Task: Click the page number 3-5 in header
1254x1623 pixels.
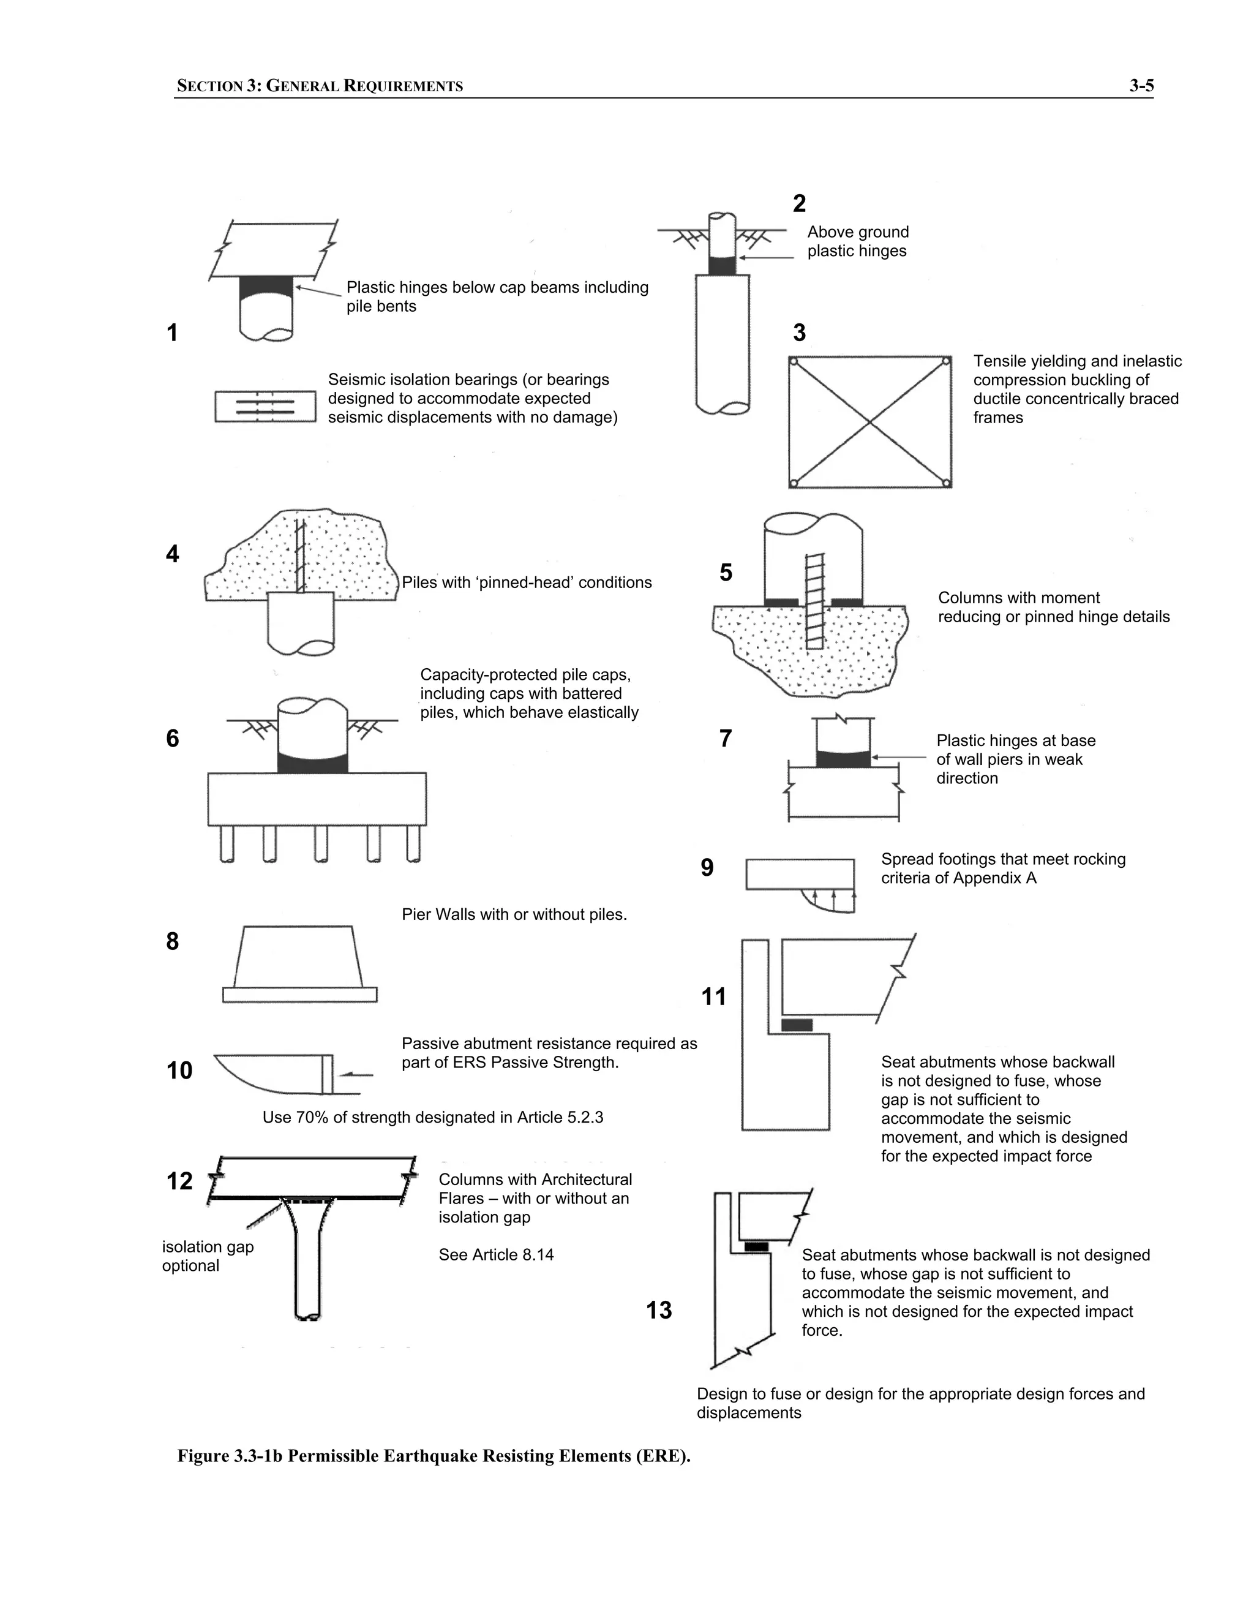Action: click(x=1141, y=86)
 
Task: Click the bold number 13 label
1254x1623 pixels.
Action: click(x=659, y=1309)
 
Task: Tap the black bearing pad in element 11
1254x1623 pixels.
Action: click(x=797, y=1025)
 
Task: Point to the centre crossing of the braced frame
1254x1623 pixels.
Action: click(x=870, y=422)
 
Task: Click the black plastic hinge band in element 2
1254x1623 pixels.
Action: click(x=721, y=265)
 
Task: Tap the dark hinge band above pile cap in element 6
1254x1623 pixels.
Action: click(x=313, y=763)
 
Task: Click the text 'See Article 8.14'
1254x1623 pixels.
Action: click(x=495, y=1254)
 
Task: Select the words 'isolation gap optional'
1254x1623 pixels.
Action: click(x=208, y=1256)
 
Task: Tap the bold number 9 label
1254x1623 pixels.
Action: click(x=707, y=867)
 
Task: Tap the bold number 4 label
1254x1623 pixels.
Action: click(x=172, y=554)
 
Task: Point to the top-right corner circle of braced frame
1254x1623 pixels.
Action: click(x=945, y=362)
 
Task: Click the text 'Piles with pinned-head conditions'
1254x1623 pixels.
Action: click(x=526, y=582)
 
